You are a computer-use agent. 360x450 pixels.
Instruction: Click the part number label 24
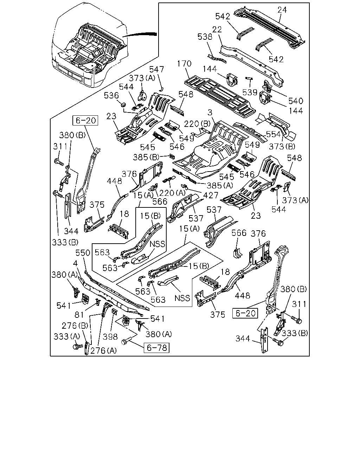(x=282, y=10)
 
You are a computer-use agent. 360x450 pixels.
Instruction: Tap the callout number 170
(x=184, y=64)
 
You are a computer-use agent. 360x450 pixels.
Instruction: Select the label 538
(x=205, y=37)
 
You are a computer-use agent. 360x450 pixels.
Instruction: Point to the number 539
(x=250, y=92)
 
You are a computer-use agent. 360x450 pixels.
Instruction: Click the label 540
(x=296, y=101)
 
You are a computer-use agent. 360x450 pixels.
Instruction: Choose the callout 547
(x=156, y=69)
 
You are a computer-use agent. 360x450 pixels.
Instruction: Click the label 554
(x=274, y=134)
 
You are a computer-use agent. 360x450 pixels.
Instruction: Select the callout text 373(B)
(x=282, y=146)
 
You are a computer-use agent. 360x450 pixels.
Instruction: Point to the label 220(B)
(x=197, y=124)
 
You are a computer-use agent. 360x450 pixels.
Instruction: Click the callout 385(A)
(x=220, y=185)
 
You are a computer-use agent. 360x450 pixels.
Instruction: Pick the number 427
(x=211, y=195)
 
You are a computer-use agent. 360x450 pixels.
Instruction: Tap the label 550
(x=83, y=253)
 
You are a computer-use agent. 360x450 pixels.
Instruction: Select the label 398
(x=110, y=337)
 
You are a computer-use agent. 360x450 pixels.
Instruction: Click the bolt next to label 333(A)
(x=75, y=347)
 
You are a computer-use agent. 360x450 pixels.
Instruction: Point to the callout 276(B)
(x=75, y=326)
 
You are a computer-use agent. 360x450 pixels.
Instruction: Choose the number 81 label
(x=79, y=315)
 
